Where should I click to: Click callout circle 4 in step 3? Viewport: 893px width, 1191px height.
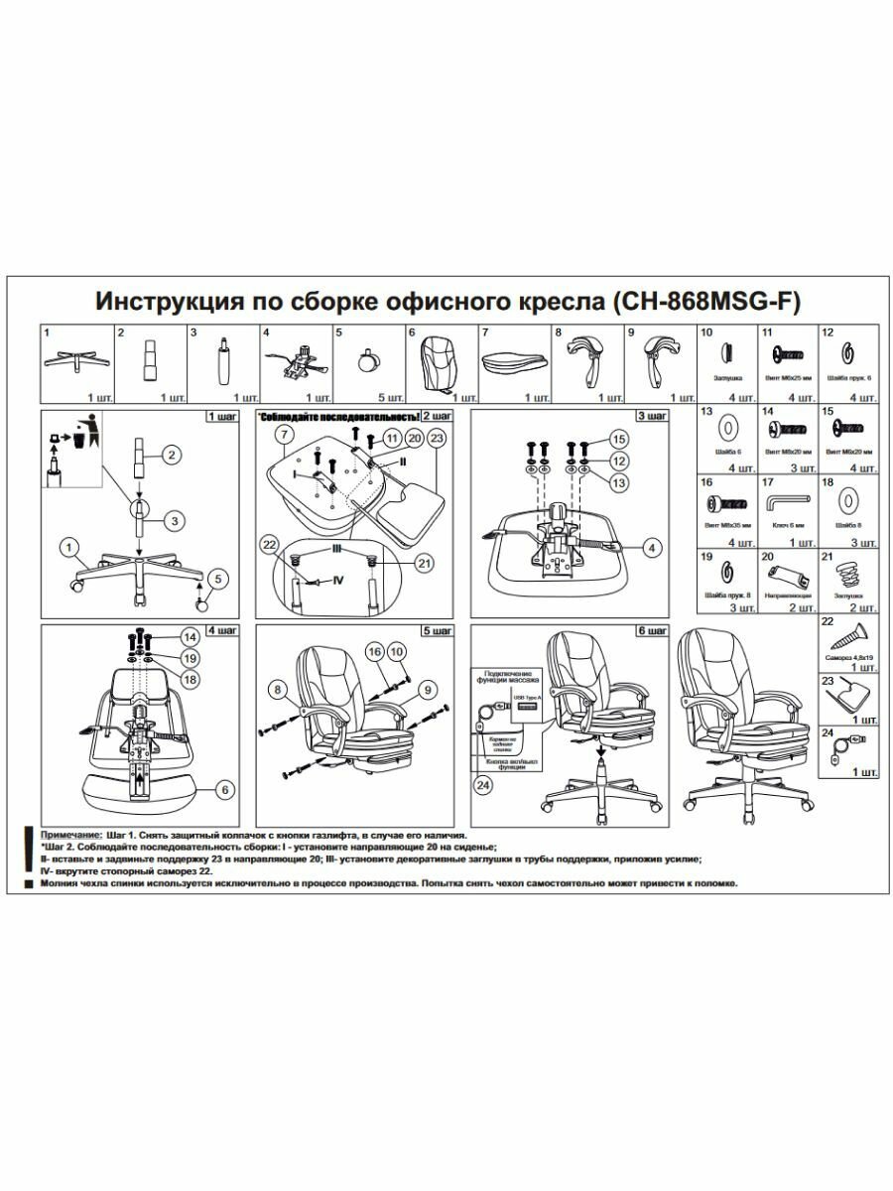point(651,546)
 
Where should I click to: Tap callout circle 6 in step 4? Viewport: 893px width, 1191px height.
point(224,790)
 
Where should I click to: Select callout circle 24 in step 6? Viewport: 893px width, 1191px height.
point(483,786)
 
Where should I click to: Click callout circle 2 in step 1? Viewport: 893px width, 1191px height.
point(171,456)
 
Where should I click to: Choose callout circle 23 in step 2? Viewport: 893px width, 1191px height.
point(438,437)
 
